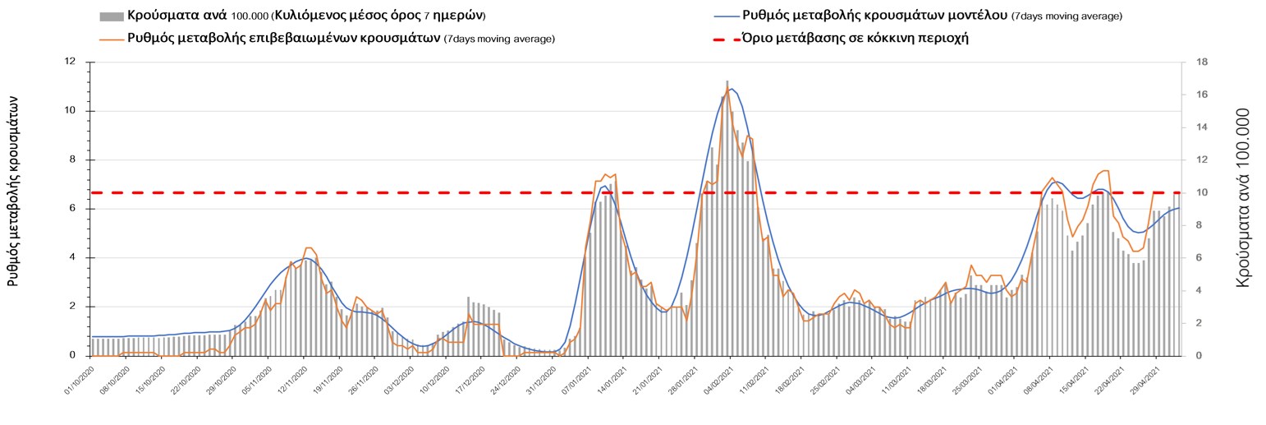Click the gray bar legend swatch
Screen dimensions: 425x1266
111,16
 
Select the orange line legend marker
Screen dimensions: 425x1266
111,39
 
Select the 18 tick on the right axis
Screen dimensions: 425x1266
1200,62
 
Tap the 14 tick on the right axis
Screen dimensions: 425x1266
1200,127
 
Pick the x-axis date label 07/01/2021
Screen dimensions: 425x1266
571,383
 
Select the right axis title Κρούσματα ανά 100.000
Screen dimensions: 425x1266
1243,197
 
